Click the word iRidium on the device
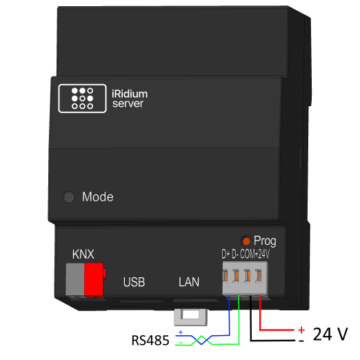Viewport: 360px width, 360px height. pos(129,93)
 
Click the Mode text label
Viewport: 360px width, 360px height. pos(97,197)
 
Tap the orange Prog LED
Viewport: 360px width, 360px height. pos(246,241)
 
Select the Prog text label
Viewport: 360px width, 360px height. pos(265,241)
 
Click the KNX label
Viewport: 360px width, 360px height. pos(83,252)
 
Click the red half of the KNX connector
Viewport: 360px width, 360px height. pos(93,280)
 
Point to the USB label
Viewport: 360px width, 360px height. pos(134,282)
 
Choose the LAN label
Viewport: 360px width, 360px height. pos(188,282)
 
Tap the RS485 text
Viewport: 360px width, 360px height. pos(151,340)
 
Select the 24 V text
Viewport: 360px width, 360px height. pos(330,335)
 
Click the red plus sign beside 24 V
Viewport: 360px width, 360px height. pos(301,330)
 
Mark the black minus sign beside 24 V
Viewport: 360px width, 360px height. pos(301,341)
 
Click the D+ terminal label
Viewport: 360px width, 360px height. pos(226,254)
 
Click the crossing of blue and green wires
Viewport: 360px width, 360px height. pos(199,339)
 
